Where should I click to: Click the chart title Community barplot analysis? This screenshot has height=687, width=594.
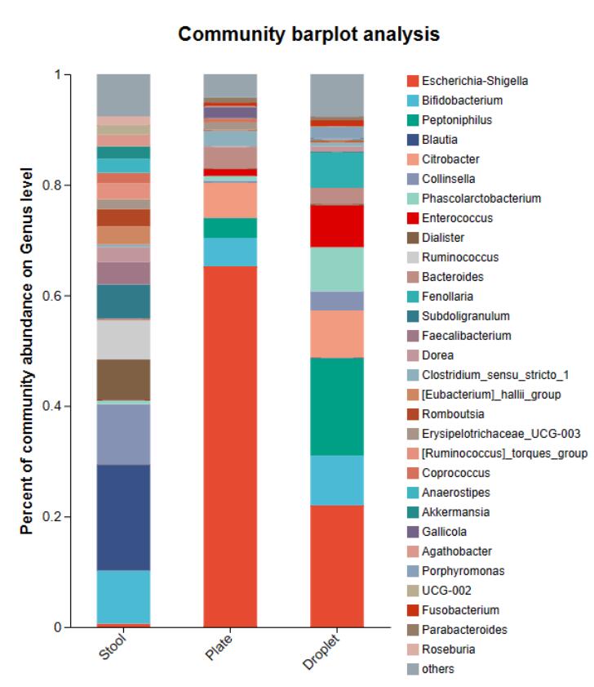309,34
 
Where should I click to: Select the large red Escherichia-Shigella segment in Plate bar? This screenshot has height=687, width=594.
230,445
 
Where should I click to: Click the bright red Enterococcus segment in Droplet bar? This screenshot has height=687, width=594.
336,225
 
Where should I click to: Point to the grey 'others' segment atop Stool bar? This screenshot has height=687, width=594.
124,95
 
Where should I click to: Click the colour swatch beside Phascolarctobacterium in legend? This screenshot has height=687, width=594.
414,199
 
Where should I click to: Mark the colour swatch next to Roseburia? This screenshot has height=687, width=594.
414,649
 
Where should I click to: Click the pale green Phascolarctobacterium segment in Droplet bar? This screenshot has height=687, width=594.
336,269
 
